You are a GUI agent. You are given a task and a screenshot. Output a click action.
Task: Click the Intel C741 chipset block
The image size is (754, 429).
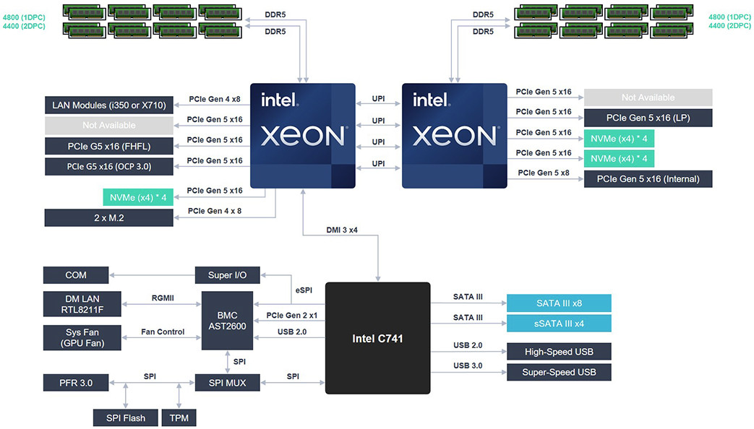tap(377, 338)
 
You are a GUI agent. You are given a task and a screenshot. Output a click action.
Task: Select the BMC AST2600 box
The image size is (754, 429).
tap(227, 322)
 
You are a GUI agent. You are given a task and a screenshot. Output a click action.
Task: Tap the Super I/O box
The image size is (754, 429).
tap(227, 275)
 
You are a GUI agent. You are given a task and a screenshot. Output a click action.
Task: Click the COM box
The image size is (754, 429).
tap(75, 275)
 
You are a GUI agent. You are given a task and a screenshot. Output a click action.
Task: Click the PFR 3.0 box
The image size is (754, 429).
tap(75, 382)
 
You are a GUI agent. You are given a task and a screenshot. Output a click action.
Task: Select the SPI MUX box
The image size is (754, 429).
tap(227, 382)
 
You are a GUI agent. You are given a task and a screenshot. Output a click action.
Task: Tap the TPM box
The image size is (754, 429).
tap(178, 417)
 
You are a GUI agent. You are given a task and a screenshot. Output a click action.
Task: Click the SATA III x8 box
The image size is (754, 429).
tap(559, 303)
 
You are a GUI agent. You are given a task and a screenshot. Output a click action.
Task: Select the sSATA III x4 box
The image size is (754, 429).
tap(559, 323)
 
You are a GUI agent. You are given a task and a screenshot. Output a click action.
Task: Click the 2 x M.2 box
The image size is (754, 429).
tap(108, 217)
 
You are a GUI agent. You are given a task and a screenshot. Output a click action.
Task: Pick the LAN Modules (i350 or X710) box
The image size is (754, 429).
tap(108, 105)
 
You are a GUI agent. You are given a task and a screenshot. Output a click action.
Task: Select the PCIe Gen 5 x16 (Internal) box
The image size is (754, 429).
tap(648, 178)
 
